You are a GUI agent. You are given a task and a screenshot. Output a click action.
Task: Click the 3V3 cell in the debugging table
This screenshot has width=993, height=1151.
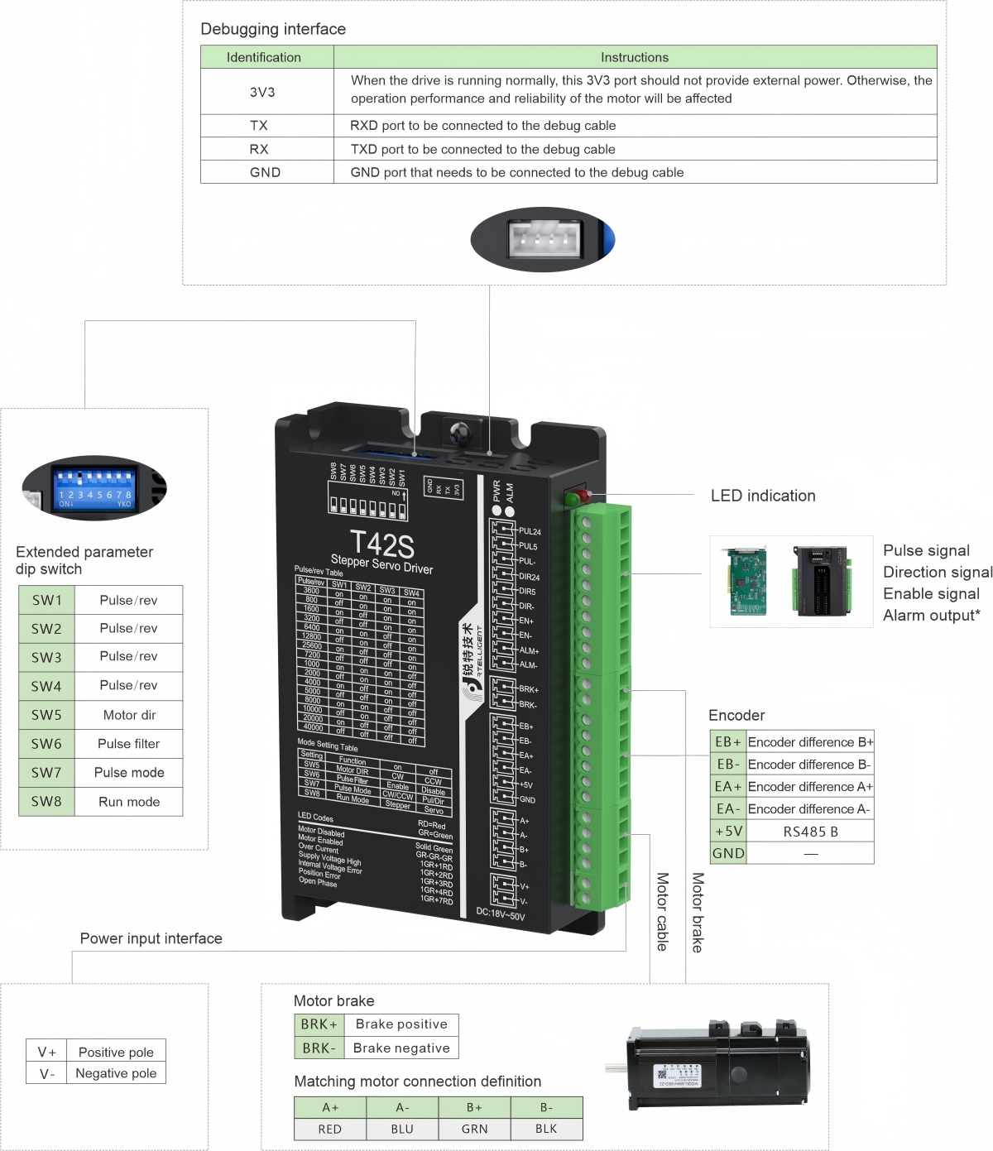(262, 92)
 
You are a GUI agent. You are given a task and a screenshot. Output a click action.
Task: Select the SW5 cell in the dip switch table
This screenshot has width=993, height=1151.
(46, 715)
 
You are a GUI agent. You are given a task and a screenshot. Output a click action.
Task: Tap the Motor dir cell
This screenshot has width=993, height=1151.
(129, 715)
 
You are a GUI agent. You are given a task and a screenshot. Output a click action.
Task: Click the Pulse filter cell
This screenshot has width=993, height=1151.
(129, 744)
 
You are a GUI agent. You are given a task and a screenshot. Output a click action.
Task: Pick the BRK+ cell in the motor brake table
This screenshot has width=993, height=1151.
(319, 1024)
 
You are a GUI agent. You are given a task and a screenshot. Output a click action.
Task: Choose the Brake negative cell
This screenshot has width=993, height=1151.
(401, 1048)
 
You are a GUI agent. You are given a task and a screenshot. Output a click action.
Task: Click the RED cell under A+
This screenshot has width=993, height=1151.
(329, 1129)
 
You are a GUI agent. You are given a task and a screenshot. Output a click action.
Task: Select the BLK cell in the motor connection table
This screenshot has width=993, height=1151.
(546, 1129)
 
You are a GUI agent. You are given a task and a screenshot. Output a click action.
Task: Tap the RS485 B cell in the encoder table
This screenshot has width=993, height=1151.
(810, 832)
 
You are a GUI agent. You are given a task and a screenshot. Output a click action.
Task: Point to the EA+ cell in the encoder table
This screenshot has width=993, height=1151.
(728, 787)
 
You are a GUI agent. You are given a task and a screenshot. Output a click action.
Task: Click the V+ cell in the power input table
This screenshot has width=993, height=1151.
(47, 1053)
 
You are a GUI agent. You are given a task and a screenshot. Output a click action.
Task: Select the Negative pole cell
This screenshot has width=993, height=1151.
(116, 1073)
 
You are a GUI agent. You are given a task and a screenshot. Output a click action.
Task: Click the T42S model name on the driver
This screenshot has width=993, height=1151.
(381, 544)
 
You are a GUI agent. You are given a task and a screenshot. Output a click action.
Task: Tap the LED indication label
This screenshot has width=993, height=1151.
(763, 496)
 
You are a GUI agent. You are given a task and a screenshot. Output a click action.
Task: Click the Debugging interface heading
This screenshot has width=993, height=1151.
(273, 29)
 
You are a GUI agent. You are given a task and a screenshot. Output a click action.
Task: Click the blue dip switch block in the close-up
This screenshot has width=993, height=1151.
(94, 483)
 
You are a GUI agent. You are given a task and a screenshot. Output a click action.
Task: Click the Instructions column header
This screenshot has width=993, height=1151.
(635, 57)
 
